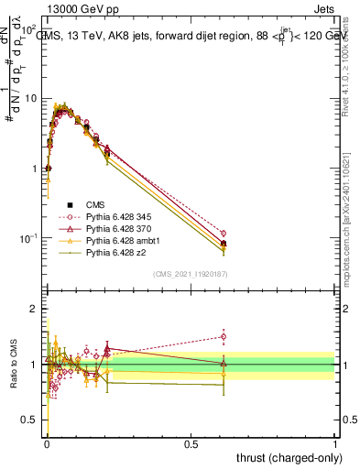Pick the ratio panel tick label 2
[35, 309]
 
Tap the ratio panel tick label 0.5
[31, 420]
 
